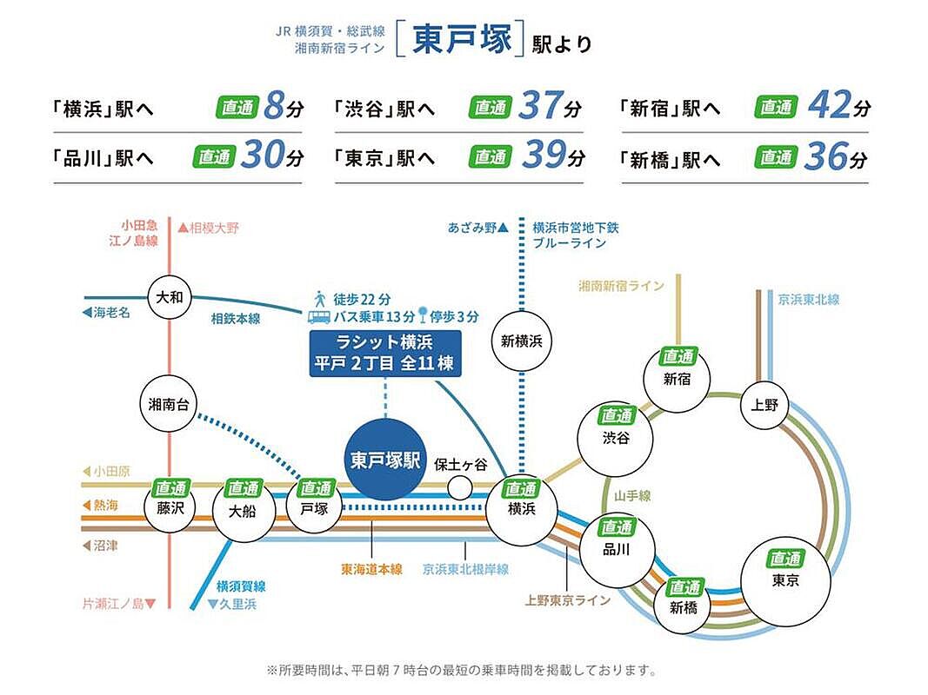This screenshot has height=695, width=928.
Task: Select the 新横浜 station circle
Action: point(522,341)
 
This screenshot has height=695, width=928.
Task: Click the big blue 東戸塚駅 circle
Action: point(385,460)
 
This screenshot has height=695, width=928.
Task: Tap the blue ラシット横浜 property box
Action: point(385,352)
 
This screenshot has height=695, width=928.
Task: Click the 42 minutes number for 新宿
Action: point(828,106)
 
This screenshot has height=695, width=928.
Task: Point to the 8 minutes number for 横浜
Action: point(273,107)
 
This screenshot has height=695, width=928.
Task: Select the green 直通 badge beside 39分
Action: point(490,157)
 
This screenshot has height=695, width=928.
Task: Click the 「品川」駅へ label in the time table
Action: point(102,158)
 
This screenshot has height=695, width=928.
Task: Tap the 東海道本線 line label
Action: point(371,570)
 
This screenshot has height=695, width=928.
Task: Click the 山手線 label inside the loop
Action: point(632,495)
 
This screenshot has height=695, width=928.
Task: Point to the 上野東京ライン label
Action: point(568,599)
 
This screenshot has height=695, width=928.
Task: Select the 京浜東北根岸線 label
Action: point(465,570)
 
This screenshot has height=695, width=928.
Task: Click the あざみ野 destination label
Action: point(472,228)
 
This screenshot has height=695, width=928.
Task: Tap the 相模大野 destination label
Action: point(209,228)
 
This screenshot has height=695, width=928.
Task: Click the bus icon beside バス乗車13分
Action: point(318,315)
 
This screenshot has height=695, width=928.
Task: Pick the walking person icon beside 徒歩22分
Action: point(319,296)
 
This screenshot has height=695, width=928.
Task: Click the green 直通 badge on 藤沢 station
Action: point(170,489)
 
